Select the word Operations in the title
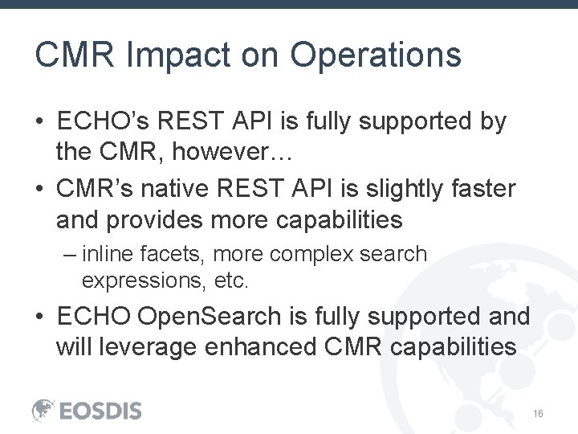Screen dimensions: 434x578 376,55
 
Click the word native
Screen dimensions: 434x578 174,190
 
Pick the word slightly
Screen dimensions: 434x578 392,190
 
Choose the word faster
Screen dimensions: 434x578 482,190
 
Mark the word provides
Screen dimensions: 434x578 152,219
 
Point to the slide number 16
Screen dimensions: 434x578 538,413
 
